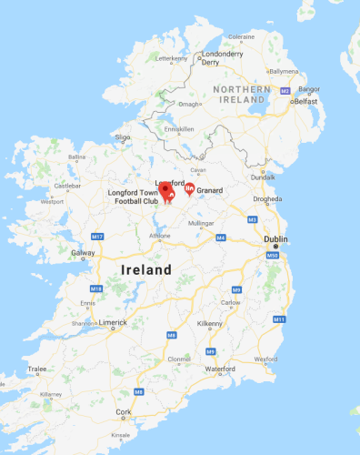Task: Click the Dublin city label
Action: click(275, 239)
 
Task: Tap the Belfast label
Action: click(305, 102)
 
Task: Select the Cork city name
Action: click(124, 412)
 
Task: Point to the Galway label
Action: click(84, 253)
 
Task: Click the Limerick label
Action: click(114, 323)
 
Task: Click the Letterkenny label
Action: click(172, 58)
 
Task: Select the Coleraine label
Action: click(241, 36)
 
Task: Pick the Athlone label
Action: click(160, 236)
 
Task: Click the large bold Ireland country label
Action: click(145, 270)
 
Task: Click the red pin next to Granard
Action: click(189, 189)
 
